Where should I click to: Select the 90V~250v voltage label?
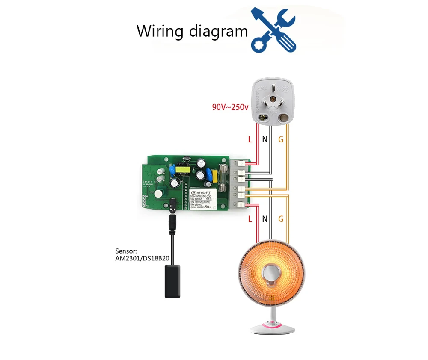pyautogui.click(x=230, y=107)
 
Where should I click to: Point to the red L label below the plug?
pyautogui.click(x=250, y=139)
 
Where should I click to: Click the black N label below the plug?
pyautogui.click(x=265, y=139)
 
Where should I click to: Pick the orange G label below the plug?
pyautogui.click(x=281, y=139)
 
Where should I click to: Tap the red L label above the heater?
pyautogui.click(x=250, y=219)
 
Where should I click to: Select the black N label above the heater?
pyautogui.click(x=265, y=219)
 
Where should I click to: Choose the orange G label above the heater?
pyautogui.click(x=281, y=219)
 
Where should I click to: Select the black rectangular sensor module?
pyautogui.click(x=172, y=281)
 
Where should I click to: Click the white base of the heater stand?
pyautogui.click(x=272, y=328)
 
